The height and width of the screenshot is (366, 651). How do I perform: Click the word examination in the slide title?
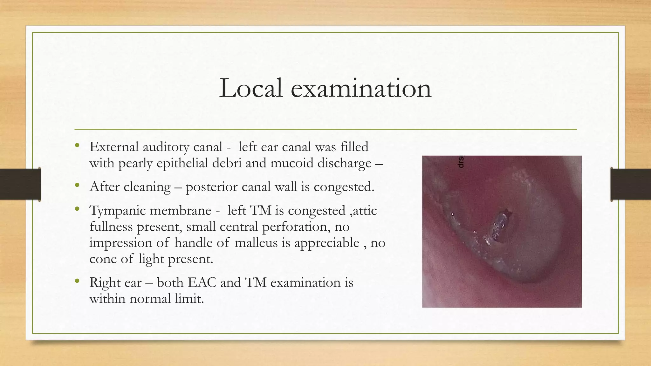click(x=361, y=88)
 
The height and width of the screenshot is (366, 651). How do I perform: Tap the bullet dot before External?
click(x=77, y=146)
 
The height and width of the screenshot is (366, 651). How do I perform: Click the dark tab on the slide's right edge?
click(x=631, y=184)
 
